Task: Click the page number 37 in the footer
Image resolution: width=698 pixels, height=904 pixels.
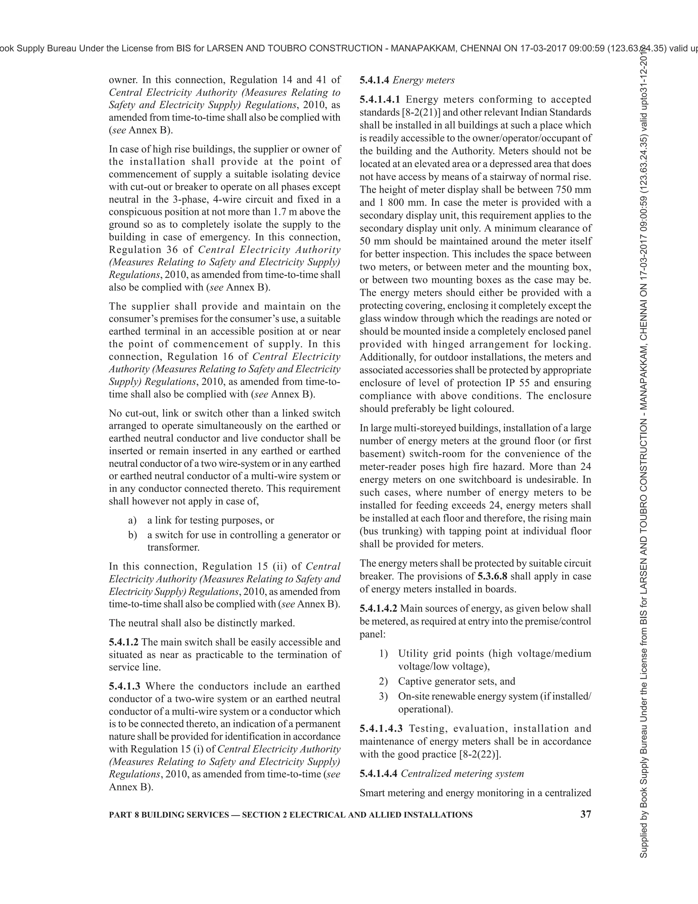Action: click(x=586, y=814)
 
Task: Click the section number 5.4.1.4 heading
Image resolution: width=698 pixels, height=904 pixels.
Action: click(x=374, y=80)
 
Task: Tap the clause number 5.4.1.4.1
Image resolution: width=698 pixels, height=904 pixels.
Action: click(x=380, y=99)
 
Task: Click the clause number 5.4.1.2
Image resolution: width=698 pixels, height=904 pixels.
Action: click(x=124, y=642)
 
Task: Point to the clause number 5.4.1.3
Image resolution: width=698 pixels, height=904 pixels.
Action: click(x=124, y=686)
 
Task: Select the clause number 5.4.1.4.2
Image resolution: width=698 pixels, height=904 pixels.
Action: click(x=378, y=609)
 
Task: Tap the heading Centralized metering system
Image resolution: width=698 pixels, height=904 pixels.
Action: click(x=462, y=773)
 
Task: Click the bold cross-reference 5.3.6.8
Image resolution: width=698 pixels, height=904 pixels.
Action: click(x=492, y=576)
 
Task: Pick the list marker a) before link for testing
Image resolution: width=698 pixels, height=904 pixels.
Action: click(x=132, y=520)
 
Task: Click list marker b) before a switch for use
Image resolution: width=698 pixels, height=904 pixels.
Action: click(x=132, y=535)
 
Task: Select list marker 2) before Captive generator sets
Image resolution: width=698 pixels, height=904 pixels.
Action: click(x=383, y=681)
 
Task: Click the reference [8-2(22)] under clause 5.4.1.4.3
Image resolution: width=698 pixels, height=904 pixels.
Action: click(x=480, y=754)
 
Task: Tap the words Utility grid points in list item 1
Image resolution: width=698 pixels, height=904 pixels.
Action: click(x=435, y=654)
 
